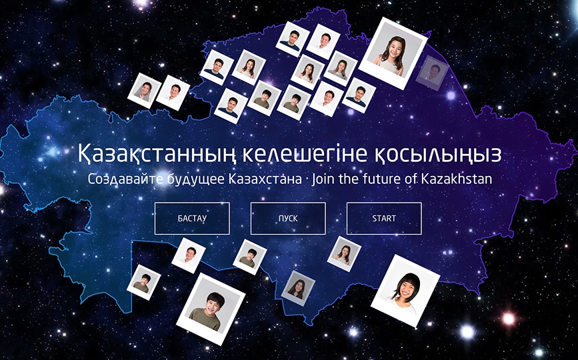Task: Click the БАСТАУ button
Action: pyautogui.click(x=192, y=218)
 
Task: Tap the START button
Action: pyautogui.click(x=384, y=218)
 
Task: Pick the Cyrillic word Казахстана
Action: pyautogui.click(x=265, y=179)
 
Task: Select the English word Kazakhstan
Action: pyautogui.click(x=457, y=179)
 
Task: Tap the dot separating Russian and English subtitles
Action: pyautogui.click(x=306, y=180)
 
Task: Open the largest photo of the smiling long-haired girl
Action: pyautogui.click(x=393, y=53)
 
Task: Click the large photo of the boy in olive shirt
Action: pyautogui.click(x=211, y=309)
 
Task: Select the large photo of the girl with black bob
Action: pyautogui.click(x=405, y=291)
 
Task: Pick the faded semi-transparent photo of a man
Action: pyautogui.click(x=433, y=73)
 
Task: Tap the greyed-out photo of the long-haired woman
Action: pyautogui.click(x=298, y=288)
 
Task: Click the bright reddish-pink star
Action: pyautogui.click(x=509, y=319)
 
